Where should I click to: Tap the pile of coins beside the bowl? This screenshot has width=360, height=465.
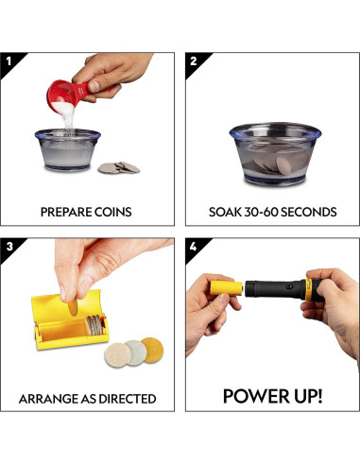[118, 167]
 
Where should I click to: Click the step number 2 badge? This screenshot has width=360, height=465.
[194, 61]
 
